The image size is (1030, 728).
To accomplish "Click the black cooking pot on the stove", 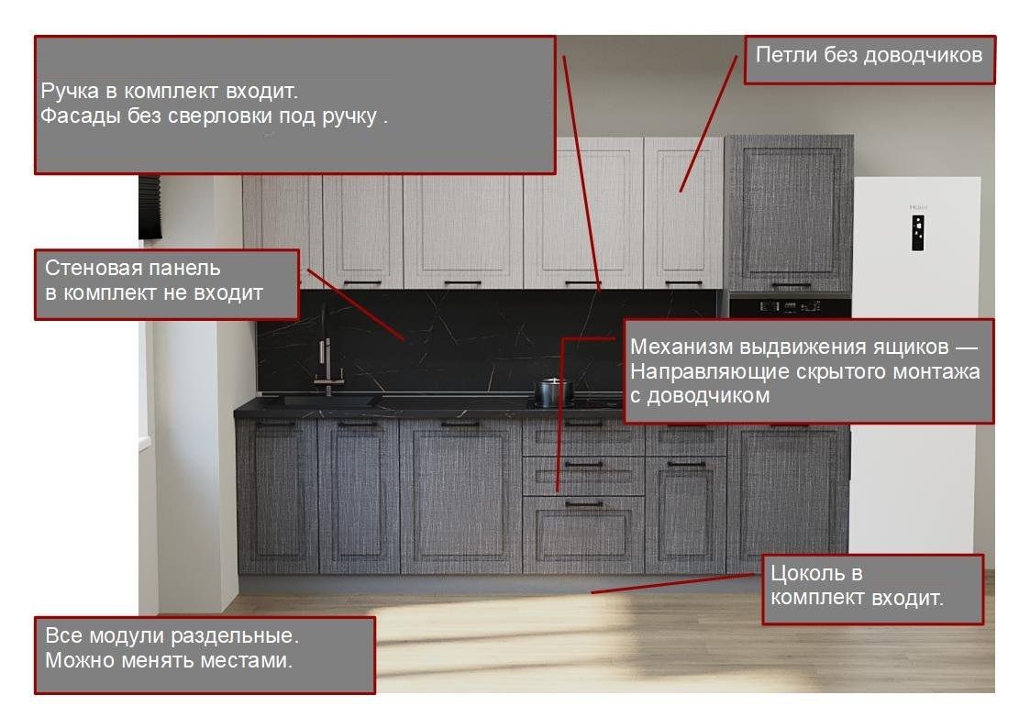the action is click(x=553, y=392).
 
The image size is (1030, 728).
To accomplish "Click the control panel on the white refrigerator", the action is click(x=918, y=232).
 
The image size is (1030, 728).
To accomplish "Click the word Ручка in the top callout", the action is click(x=63, y=92).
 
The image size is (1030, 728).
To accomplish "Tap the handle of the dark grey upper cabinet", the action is click(x=791, y=285).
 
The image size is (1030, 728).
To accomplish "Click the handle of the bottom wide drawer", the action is click(x=584, y=504).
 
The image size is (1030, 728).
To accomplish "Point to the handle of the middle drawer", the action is click(x=584, y=464).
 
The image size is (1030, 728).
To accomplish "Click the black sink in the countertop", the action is click(x=328, y=400).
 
